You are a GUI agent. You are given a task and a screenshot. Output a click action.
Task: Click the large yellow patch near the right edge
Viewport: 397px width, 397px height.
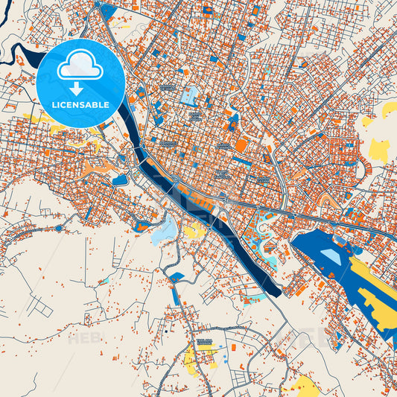click(x=378, y=151)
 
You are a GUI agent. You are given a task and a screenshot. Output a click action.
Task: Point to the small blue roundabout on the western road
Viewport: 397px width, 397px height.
click(x=58, y=228)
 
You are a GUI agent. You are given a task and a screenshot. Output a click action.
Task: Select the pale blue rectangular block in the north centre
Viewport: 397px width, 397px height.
click(x=191, y=95)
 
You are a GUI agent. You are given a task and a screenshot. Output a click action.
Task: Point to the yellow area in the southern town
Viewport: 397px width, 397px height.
click(x=191, y=361)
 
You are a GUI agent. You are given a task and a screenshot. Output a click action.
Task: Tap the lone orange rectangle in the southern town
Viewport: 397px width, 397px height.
click(x=232, y=347)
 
